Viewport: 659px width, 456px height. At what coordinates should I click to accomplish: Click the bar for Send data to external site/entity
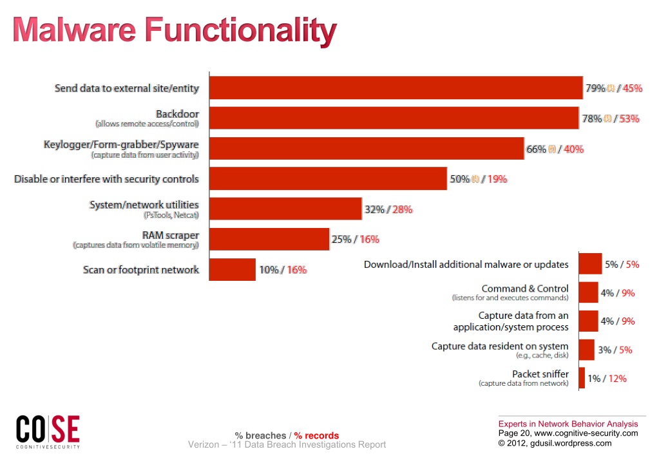click(x=396, y=88)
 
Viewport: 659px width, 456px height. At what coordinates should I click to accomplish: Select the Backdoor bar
click(x=394, y=119)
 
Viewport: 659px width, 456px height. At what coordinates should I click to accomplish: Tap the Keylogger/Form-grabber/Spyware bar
click(x=367, y=149)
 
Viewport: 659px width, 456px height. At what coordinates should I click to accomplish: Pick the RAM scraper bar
click(x=269, y=239)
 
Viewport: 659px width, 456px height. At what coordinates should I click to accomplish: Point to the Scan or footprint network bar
click(x=233, y=269)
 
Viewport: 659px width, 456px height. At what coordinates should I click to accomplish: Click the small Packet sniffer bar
click(x=582, y=378)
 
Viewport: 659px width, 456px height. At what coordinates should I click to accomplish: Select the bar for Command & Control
click(x=588, y=292)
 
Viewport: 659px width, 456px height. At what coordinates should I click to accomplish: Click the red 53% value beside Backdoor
click(x=629, y=119)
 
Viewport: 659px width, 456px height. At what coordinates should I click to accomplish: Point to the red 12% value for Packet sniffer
click(x=617, y=378)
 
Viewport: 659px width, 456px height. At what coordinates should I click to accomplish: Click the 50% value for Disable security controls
click(x=459, y=179)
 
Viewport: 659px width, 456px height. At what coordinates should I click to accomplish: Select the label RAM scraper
click(x=170, y=235)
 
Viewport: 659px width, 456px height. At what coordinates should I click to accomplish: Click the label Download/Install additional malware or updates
click(x=466, y=264)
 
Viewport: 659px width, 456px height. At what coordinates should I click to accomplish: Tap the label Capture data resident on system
click(x=500, y=346)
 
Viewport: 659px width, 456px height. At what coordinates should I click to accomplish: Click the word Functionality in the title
click(x=240, y=30)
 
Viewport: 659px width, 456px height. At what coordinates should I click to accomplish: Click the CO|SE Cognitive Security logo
click(x=48, y=430)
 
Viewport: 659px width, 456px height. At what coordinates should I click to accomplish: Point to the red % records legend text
click(x=316, y=435)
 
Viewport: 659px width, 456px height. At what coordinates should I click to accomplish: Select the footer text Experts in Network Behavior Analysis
click(x=568, y=424)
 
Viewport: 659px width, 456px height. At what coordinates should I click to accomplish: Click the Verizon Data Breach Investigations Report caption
click(x=287, y=444)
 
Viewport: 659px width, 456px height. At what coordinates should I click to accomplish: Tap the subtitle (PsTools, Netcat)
click(x=171, y=215)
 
